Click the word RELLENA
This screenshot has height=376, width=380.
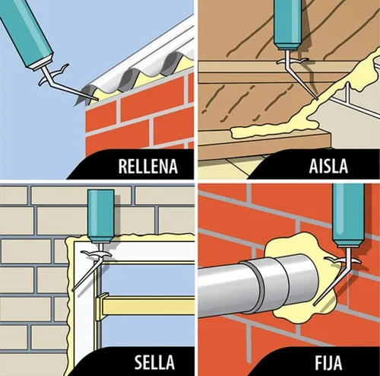tap(148, 167)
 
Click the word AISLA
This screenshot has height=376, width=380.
tap(328, 167)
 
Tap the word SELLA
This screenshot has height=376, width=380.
tap(154, 362)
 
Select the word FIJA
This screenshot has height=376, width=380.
tap(328, 363)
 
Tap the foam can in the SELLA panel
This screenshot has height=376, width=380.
tap(101, 216)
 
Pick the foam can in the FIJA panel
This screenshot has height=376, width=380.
tap(349, 215)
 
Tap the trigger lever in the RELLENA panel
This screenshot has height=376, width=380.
tap(55, 74)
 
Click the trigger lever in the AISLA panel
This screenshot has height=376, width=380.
tap(293, 61)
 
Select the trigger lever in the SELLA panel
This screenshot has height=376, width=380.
tap(96, 253)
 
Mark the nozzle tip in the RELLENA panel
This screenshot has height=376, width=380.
tap(97, 100)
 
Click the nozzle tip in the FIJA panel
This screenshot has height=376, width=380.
tap(315, 304)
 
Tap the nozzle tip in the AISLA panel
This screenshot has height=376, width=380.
tap(317, 98)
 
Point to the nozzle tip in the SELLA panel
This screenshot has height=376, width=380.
tap(74, 289)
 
